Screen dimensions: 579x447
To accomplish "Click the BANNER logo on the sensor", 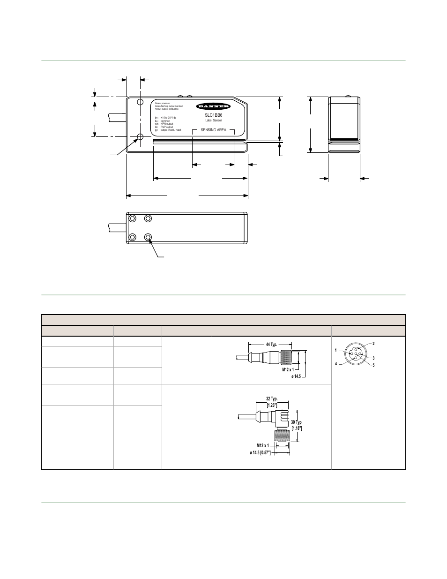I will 213,106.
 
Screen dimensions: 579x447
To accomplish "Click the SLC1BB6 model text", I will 213,115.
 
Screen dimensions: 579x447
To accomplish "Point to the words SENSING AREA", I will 213,130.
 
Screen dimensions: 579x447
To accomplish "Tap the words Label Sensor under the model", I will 213,120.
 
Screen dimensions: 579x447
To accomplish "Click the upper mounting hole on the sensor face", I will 140,102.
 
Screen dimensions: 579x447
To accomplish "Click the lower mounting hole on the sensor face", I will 140,137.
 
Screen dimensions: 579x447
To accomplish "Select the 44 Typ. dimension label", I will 272,345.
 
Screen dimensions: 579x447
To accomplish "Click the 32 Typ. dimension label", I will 272,399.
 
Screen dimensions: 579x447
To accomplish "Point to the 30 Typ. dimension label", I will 297,422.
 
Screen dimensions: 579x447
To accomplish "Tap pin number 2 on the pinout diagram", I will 373,344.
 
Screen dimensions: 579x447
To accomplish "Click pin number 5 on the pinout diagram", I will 373,365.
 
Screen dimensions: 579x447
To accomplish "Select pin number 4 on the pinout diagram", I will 336,364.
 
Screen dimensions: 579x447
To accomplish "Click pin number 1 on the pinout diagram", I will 336,350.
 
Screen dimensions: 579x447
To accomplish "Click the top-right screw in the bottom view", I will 149,218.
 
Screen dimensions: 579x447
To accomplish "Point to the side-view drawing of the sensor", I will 343,124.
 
